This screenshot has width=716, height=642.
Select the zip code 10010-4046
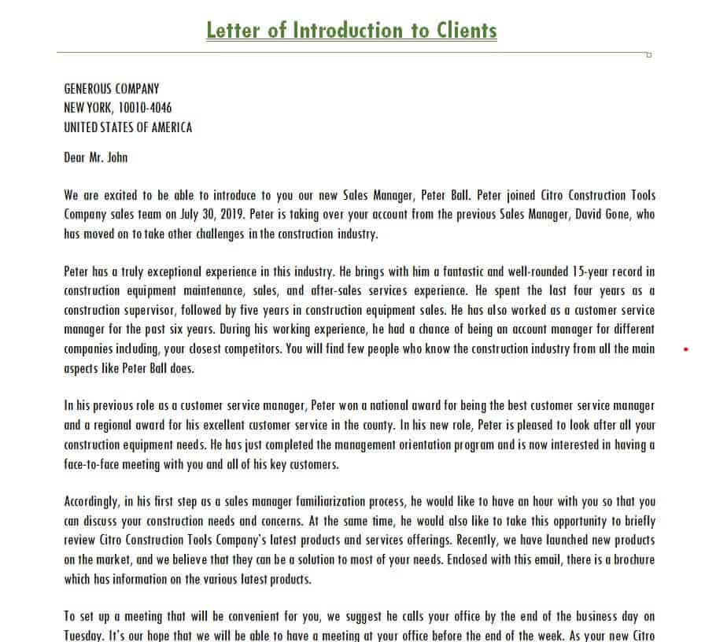[x=145, y=108]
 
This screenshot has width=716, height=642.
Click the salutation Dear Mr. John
[x=95, y=157]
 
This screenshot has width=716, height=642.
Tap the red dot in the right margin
[x=685, y=349]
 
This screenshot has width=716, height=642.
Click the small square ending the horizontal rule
[x=648, y=54]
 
